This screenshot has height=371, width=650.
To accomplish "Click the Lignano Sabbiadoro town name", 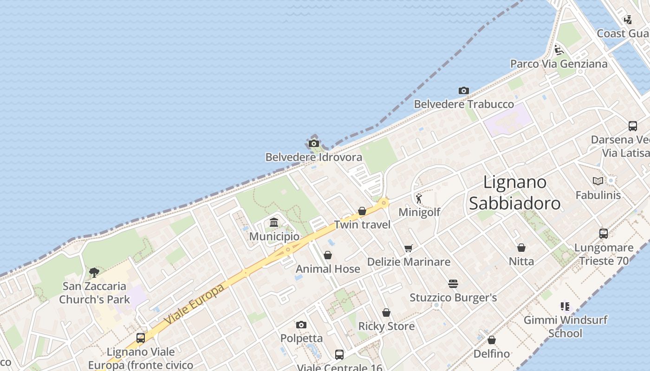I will click(514, 192).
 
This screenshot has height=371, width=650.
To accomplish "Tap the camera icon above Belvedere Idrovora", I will click(314, 143).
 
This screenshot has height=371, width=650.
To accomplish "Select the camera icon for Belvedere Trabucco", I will click(463, 90).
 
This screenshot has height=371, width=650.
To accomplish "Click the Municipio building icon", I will click(274, 223).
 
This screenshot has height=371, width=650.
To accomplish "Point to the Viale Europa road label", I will click(195, 304).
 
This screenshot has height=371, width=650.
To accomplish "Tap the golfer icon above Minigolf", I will click(419, 198).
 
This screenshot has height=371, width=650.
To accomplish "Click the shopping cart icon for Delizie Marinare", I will click(408, 248).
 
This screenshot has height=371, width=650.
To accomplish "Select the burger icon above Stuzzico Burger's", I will click(453, 283).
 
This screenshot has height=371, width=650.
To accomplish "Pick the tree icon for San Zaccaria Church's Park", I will click(94, 272).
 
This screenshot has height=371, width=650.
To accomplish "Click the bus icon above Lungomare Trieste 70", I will click(604, 234).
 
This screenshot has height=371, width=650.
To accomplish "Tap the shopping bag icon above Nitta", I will click(521, 248).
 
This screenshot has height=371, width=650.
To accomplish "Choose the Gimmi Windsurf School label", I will click(565, 326).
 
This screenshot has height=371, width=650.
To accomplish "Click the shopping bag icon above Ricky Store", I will click(386, 313).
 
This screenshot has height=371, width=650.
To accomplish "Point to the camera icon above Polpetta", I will click(301, 325).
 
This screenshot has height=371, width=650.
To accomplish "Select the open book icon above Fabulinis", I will click(598, 181).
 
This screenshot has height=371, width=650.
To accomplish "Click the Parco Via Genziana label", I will click(559, 64).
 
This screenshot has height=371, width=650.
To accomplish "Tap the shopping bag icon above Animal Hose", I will click(328, 255).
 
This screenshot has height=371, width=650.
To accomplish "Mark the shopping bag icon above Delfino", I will click(492, 340).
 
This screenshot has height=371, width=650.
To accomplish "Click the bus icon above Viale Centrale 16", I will click(339, 355).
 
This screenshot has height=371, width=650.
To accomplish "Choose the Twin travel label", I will click(362, 225).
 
